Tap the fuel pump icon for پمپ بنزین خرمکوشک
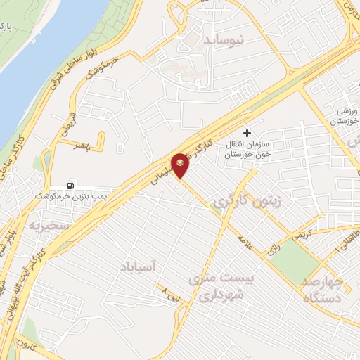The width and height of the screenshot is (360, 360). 70,186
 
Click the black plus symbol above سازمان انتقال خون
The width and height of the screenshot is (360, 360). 246,133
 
